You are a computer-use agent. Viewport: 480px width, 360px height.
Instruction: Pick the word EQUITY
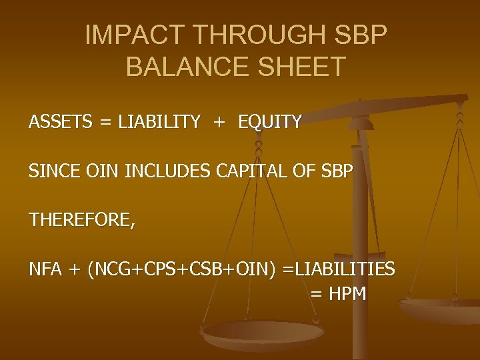tap(270, 122)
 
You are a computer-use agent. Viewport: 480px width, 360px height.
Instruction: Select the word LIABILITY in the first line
tap(159, 122)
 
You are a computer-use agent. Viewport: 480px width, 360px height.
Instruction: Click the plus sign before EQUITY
tap(219, 123)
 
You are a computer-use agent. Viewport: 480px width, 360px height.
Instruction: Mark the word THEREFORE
tap(81, 221)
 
